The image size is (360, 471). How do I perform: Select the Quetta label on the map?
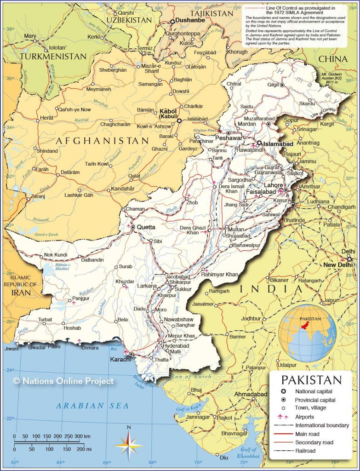click(x=146, y=227)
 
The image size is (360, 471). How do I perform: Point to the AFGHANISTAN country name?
click(x=103, y=140)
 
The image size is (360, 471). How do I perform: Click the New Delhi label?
click(x=337, y=265)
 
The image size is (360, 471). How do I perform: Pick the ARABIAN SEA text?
click(x=92, y=405)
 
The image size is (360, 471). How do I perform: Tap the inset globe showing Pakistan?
click(x=309, y=333)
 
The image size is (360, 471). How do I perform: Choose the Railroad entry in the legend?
click(x=305, y=451)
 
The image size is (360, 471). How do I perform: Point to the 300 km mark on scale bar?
click(x=81, y=436)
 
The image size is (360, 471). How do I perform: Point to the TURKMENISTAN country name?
click(x=53, y=56)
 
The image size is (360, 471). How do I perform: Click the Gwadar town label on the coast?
click(x=37, y=347)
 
